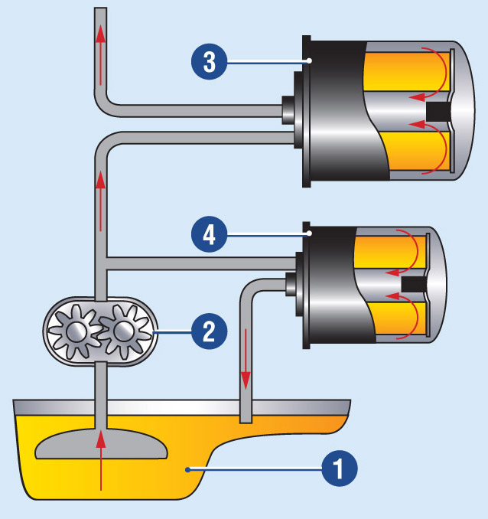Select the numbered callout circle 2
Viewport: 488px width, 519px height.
[x=209, y=331]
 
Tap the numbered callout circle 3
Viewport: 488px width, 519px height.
[x=208, y=61]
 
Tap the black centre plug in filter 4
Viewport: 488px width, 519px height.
[x=413, y=284]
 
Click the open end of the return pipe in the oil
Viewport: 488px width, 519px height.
[x=246, y=416]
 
